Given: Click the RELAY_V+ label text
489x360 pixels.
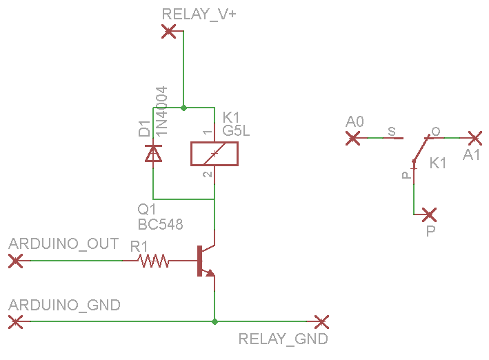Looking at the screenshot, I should point(199,14).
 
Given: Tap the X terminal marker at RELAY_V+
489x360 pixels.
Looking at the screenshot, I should point(168,31).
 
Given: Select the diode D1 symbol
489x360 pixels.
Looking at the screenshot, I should point(153,153).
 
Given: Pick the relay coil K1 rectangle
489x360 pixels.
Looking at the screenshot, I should point(214,154).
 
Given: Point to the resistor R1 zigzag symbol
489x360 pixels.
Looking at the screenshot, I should point(154,261).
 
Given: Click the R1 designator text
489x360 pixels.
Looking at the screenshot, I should point(139,246).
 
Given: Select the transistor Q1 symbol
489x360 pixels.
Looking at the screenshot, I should point(205,261).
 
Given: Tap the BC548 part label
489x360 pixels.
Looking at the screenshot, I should point(161,224).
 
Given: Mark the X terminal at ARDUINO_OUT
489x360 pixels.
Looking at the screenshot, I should point(16,261).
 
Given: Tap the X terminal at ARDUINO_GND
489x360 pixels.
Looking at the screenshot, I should point(16,321).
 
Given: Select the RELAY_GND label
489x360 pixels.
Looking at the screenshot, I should point(283,339).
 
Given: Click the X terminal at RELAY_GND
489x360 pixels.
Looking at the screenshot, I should point(320,321).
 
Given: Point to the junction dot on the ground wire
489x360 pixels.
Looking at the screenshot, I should point(215,321).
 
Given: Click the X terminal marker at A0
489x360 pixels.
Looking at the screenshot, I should point(353,138).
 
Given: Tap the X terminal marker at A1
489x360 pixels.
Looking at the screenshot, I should point(475,138).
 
